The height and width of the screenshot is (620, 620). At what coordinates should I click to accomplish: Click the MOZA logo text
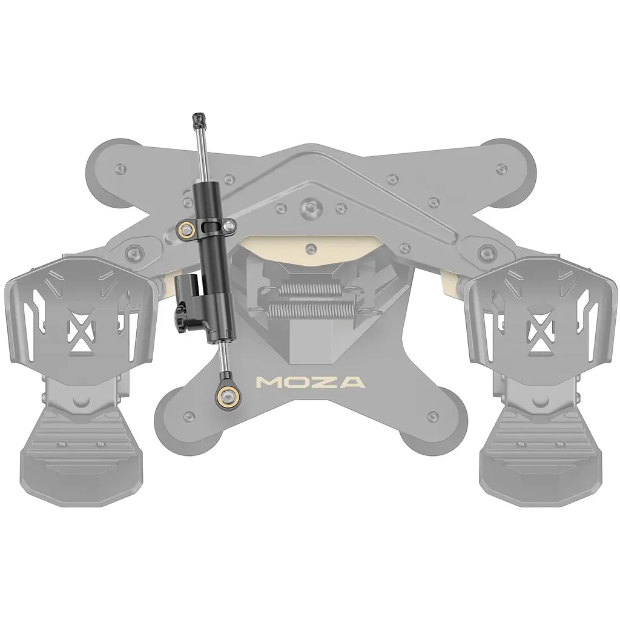(311, 383)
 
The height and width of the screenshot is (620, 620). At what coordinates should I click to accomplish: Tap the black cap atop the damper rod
(199, 119)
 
